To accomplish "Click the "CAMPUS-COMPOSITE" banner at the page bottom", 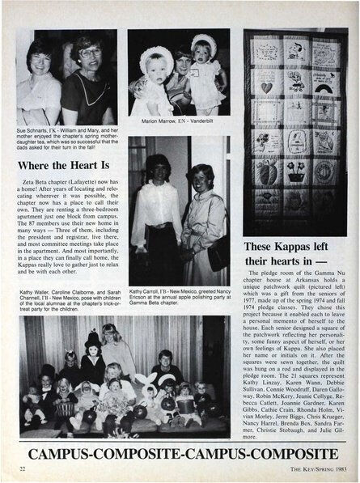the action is tap(180, 451).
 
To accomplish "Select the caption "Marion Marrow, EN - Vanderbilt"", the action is tap(178, 122).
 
